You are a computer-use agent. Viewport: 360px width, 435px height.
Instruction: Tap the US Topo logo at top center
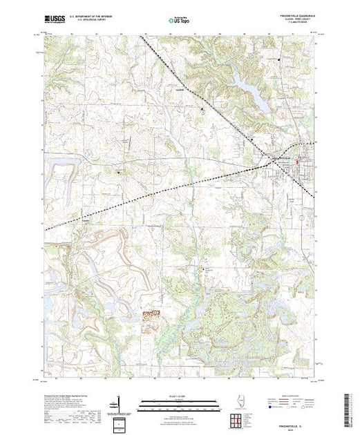[x=180, y=20]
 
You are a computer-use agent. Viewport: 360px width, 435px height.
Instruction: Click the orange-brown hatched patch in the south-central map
[x=150, y=315]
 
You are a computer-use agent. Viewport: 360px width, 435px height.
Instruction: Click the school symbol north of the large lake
[x=278, y=60]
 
